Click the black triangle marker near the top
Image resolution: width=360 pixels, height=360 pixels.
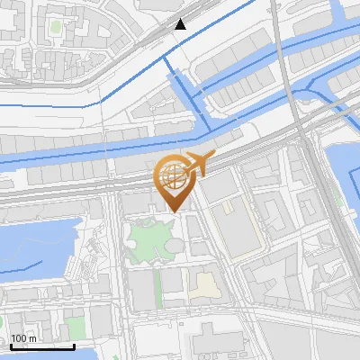coord(181,24)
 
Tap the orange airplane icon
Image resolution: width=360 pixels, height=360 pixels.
coord(199,164)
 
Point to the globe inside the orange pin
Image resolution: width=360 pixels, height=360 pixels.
coord(171,175)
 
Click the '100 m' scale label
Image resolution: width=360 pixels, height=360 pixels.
coord(23,338)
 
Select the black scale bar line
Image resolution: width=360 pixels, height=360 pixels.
coord(42,346)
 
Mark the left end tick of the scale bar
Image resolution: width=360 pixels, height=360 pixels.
coord(11,345)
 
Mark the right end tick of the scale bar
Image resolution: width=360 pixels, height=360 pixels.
coord(75,345)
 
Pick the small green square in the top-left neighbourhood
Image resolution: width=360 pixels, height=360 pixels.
coord(55,28)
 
